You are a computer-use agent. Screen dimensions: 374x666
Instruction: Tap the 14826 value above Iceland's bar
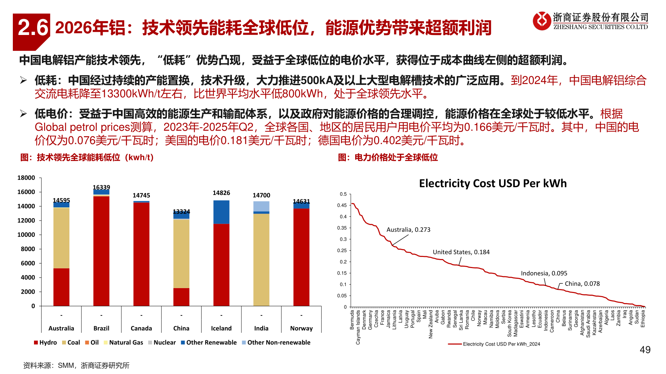pyautogui.click(x=221, y=193)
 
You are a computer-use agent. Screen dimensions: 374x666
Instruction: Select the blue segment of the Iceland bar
pyautogui.click(x=221, y=212)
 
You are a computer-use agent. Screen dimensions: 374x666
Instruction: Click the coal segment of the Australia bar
pyautogui.click(x=61, y=238)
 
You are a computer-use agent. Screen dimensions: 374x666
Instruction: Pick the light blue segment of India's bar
pyautogui.click(x=261, y=206)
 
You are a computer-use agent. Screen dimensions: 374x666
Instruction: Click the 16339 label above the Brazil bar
pyautogui.click(x=101, y=187)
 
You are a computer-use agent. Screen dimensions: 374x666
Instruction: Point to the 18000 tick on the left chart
pyautogui.click(x=26, y=178)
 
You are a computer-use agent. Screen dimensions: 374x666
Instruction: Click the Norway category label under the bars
pyautogui.click(x=301, y=328)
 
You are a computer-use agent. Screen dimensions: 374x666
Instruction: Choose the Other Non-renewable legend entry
pyautogui.click(x=279, y=342)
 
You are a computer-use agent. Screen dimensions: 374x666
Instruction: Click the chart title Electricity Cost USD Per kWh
pyautogui.click(x=493, y=183)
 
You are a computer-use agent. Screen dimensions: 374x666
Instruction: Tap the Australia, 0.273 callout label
pyautogui.click(x=408, y=230)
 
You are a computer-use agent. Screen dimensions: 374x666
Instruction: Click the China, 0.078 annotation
pyautogui.click(x=582, y=284)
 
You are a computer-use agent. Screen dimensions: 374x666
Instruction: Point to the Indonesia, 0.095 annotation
pyautogui.click(x=544, y=273)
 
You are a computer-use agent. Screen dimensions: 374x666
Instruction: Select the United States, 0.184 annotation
pyautogui.click(x=461, y=252)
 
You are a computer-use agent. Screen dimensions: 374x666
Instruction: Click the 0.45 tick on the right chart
pyautogui.click(x=342, y=205)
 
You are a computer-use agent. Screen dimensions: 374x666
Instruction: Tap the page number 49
pyautogui.click(x=645, y=350)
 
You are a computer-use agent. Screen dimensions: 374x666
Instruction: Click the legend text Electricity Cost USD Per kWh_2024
pyautogui.click(x=501, y=344)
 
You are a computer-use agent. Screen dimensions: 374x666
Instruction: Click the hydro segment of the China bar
pyautogui.click(x=181, y=297)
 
